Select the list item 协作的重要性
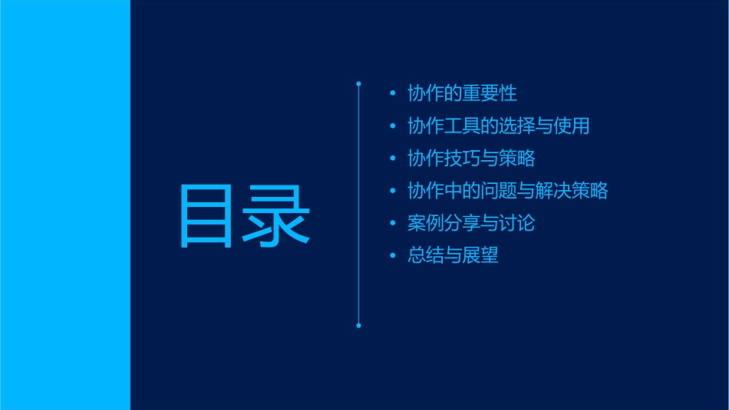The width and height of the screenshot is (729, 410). (x=462, y=93)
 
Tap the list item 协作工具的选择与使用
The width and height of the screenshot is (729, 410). (x=498, y=126)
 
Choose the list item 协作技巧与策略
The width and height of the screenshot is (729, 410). (x=471, y=159)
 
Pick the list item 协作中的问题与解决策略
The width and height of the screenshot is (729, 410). (x=507, y=191)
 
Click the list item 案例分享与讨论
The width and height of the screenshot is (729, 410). (x=471, y=224)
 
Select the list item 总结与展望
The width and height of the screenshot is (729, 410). (x=453, y=256)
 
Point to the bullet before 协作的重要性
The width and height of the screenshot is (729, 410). (x=393, y=93)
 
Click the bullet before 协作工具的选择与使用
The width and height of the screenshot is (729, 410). (x=393, y=126)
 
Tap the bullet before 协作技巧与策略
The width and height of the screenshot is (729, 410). (x=393, y=159)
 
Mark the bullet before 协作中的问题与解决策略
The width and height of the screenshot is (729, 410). (x=393, y=191)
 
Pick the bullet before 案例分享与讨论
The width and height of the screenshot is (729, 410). (x=393, y=224)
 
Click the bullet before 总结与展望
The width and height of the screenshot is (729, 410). (x=393, y=256)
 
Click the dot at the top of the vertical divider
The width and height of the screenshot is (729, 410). (x=358, y=83)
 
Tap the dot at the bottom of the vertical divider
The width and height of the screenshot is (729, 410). (x=358, y=326)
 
